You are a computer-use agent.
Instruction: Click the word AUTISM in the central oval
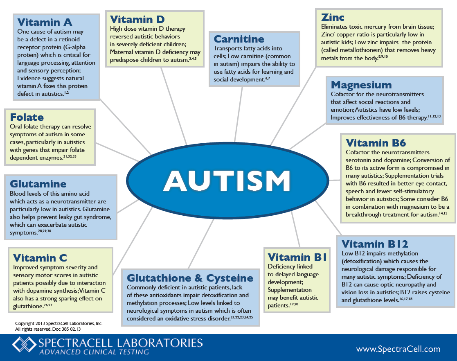[227, 181]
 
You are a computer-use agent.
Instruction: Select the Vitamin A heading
[45, 22]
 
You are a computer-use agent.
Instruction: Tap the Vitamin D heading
[137, 19]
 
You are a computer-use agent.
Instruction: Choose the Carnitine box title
[239, 39]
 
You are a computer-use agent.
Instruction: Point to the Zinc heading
[333, 17]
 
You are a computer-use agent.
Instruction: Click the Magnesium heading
[361, 85]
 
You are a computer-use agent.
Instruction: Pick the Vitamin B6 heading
[376, 143]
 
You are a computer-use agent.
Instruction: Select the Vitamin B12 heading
[375, 244]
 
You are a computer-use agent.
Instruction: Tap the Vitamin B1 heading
[297, 257]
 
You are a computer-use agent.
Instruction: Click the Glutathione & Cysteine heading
[190, 278]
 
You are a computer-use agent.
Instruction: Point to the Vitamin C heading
[40, 258]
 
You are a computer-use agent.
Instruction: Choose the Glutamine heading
[38, 184]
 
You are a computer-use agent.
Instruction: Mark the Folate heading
[27, 117]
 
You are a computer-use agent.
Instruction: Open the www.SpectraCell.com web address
[398, 349]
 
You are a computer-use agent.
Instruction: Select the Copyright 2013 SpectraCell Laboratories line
[59, 323]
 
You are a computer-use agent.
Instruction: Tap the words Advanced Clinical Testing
[94, 352]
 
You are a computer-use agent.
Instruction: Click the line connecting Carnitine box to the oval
[239, 114]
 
